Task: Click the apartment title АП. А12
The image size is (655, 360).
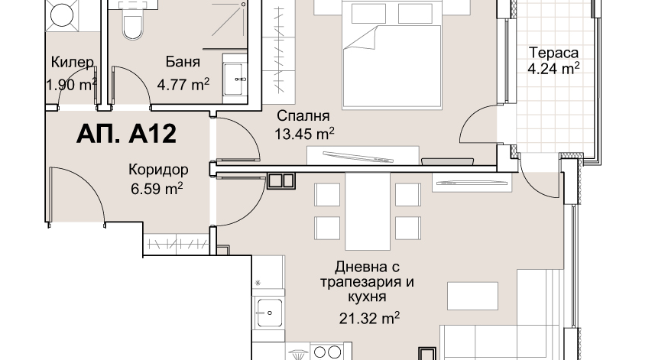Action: click(126, 134)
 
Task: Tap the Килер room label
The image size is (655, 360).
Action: click(73, 62)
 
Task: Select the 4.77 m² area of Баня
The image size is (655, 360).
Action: click(183, 85)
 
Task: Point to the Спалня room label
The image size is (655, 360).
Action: click(303, 115)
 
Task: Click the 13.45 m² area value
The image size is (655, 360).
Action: click(304, 134)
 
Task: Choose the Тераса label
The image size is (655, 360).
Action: click(553, 53)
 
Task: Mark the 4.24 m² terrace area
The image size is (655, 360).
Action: click(553, 69)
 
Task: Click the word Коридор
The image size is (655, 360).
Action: click(158, 170)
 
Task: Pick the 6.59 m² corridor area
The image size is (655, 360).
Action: click(157, 189)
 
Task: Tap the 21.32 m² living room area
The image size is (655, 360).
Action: click(369, 318)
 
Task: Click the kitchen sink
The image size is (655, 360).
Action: click(269, 313)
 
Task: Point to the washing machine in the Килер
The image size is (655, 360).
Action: click(61, 15)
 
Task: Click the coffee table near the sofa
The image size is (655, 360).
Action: click(472, 296)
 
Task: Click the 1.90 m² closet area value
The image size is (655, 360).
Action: click(71, 85)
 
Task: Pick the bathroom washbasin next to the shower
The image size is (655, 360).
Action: click(235, 79)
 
